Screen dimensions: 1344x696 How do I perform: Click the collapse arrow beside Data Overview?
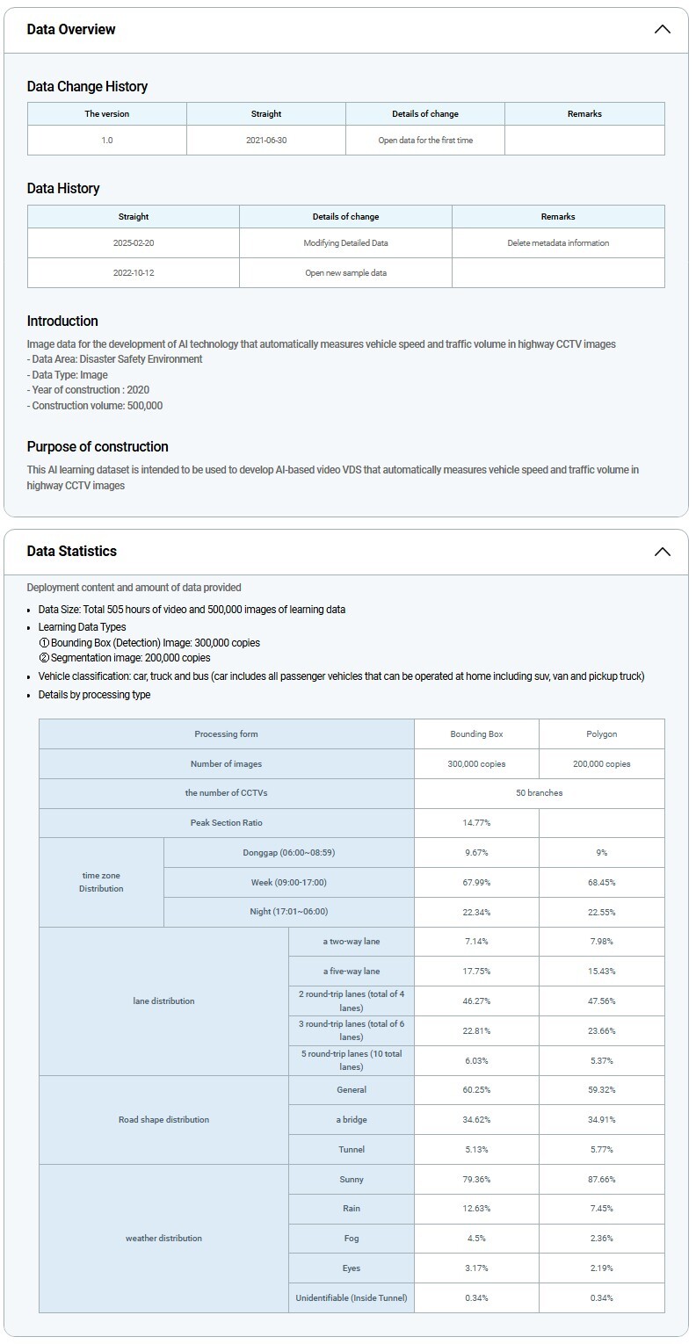click(663, 29)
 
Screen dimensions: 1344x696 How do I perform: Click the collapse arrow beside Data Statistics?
click(663, 552)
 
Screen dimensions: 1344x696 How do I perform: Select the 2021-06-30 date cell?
click(266, 141)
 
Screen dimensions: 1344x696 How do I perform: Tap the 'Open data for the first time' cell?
click(425, 141)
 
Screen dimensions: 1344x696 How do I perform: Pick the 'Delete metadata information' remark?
click(558, 243)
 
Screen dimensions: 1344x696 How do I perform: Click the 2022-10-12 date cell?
click(134, 273)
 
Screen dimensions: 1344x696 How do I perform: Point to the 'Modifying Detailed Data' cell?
click(345, 243)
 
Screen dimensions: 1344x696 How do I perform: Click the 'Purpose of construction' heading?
click(98, 446)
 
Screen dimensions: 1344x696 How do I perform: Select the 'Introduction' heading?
click(62, 321)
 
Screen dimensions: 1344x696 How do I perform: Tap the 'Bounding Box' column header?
click(476, 734)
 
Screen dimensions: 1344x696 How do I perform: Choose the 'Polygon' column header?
click(602, 734)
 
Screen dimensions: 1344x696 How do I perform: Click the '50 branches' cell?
click(540, 793)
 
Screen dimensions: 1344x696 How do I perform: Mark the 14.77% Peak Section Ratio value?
click(476, 823)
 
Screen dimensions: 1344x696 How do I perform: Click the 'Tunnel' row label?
click(351, 1150)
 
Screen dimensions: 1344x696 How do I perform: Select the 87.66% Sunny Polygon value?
click(602, 1180)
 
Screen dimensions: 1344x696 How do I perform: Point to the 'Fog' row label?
click(351, 1239)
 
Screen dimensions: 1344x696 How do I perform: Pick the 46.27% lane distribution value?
click(476, 1001)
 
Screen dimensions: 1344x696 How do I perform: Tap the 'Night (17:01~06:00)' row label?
click(288, 912)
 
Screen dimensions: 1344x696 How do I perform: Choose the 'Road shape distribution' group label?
click(163, 1120)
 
